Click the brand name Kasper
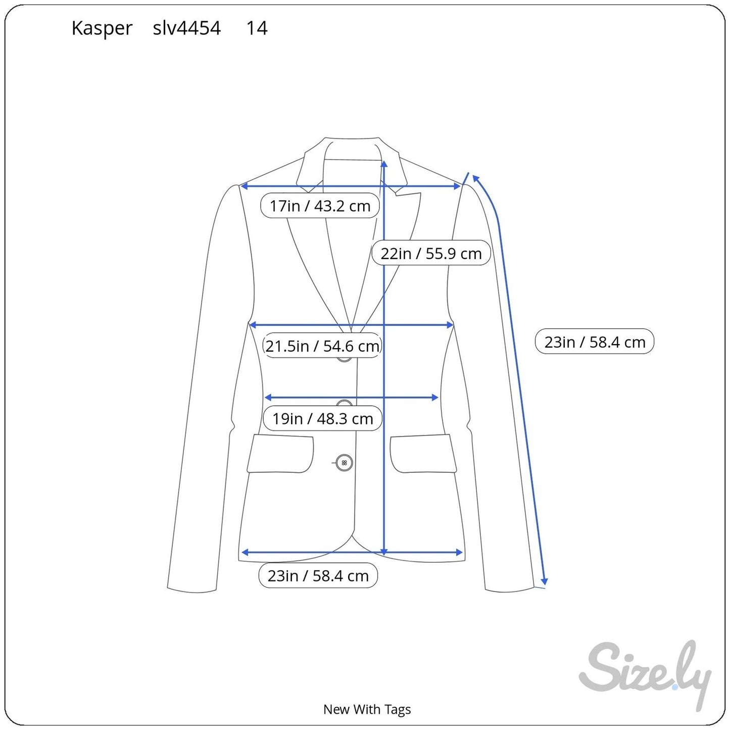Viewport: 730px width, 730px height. [102, 28]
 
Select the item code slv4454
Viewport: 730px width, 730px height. [187, 28]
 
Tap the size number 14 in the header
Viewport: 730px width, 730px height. [257, 28]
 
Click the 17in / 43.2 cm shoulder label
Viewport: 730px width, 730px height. [320, 206]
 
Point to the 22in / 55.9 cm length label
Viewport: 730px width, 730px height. [431, 253]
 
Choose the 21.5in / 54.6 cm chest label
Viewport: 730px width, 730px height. [322, 346]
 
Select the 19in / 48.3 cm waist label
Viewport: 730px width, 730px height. [322, 418]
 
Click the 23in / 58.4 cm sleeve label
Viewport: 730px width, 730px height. [595, 342]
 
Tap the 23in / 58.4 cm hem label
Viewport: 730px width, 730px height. [318, 575]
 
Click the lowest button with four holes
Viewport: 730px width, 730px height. [345, 463]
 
